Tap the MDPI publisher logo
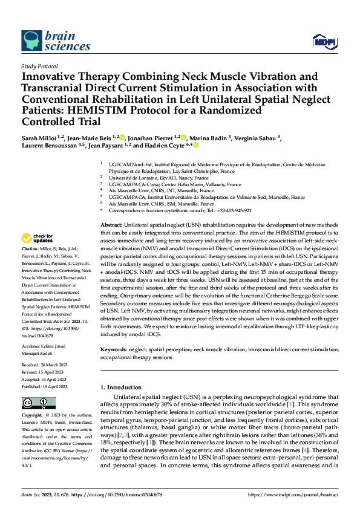point(321,41)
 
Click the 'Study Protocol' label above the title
point(39,66)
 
